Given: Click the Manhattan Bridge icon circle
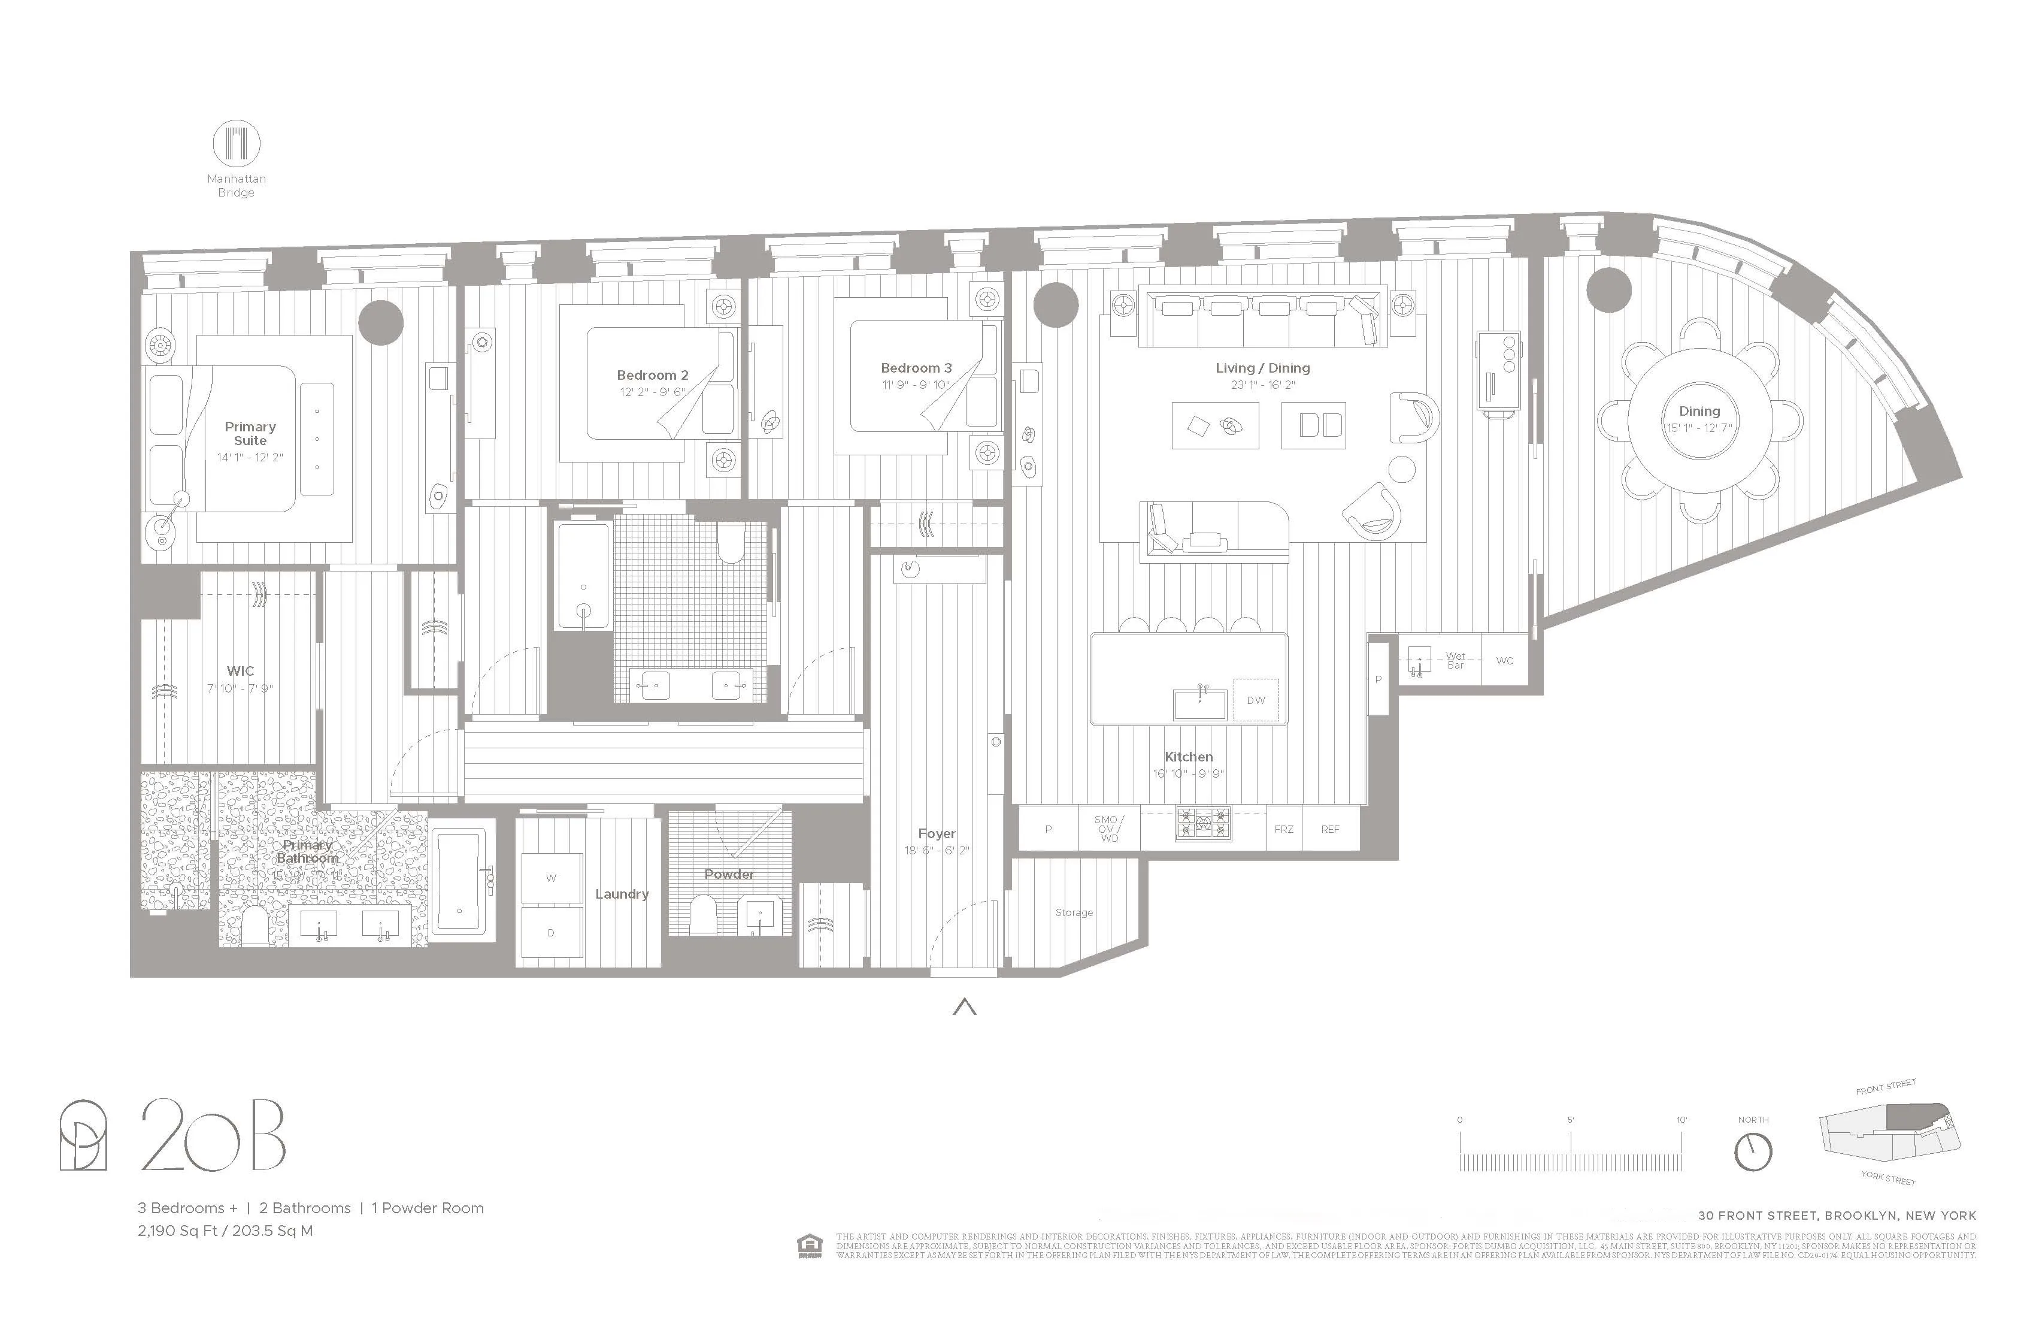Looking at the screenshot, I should (236, 143).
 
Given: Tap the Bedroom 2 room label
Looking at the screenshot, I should (652, 375).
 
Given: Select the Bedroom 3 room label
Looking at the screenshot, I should (916, 368).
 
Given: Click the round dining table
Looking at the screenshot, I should (1698, 419).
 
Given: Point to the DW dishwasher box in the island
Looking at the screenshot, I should (1255, 700).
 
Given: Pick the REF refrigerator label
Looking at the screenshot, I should (1330, 829).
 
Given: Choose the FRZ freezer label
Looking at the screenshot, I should (1284, 829).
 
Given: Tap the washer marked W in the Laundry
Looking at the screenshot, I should (551, 878).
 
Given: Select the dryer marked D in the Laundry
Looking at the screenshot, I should (551, 933).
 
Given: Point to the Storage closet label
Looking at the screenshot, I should (1074, 912).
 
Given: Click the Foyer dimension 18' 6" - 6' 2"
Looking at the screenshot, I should (937, 851).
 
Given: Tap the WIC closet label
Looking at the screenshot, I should (240, 671).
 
